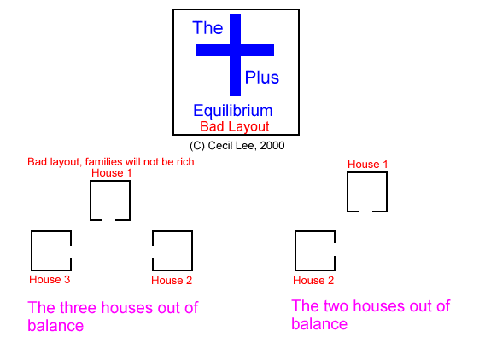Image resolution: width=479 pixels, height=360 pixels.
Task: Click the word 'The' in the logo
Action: [207, 28]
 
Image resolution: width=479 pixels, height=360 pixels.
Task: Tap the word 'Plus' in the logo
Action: [262, 78]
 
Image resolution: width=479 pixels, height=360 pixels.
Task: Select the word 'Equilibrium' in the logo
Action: [233, 111]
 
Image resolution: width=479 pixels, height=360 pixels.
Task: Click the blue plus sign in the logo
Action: [235, 55]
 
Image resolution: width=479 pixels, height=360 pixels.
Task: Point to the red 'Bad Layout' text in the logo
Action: [235, 126]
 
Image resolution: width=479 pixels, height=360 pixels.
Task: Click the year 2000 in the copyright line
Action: [272, 146]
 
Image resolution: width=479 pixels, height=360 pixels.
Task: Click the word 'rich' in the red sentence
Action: [186, 161]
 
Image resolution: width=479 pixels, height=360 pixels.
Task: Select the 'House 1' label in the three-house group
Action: [112, 173]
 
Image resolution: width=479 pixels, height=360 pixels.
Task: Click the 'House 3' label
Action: [50, 280]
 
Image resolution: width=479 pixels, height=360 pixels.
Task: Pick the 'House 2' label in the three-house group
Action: [172, 281]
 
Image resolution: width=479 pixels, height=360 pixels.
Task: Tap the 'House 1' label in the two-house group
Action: [367, 165]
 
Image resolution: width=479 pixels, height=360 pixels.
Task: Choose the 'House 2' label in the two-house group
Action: [313, 281]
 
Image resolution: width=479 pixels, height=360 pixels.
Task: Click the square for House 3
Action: [32, 251]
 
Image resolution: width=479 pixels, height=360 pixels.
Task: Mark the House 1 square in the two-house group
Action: [348, 192]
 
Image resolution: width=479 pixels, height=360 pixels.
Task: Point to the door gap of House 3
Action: [71, 253]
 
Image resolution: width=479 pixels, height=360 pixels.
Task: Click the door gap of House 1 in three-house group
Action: [108, 219]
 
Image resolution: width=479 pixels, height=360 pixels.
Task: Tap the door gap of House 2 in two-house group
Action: [335, 250]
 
